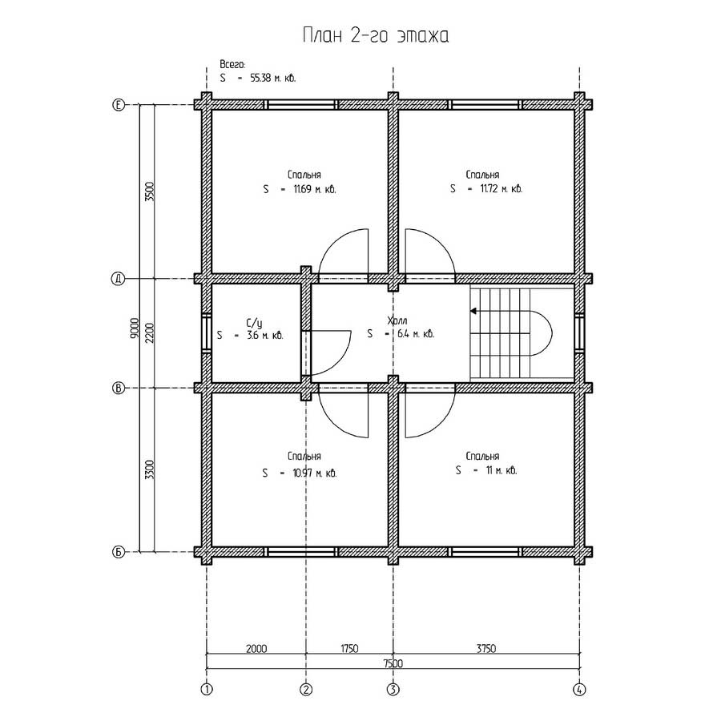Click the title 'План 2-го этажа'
pyautogui.click(x=375, y=35)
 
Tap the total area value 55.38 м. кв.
pyautogui.click(x=272, y=78)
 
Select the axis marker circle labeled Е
pyautogui.click(x=119, y=105)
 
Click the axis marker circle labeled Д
pyautogui.click(x=119, y=279)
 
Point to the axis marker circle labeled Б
pyautogui.click(x=119, y=552)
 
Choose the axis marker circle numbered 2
pyautogui.click(x=306, y=689)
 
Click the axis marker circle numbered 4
pyautogui.click(x=579, y=689)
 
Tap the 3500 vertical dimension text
pyautogui.click(x=150, y=191)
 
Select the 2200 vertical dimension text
pyautogui.click(x=150, y=333)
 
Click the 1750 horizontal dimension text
pyautogui.click(x=349, y=648)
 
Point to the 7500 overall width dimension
pyautogui.click(x=393, y=663)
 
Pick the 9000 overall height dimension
pyautogui.click(x=135, y=328)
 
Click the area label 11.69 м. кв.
pyautogui.click(x=315, y=189)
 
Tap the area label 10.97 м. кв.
pyautogui.click(x=315, y=473)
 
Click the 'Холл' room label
pyautogui.click(x=397, y=320)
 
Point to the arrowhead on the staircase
pyautogui.click(x=473, y=312)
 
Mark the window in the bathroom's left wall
pyautogui.click(x=207, y=333)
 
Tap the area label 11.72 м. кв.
pyautogui.click(x=501, y=188)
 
